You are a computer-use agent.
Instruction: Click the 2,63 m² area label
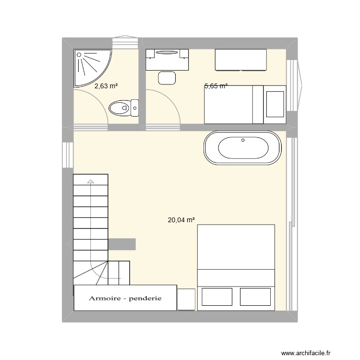(106, 86)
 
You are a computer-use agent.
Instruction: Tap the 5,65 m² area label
(216, 86)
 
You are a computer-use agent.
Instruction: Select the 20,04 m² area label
(181, 220)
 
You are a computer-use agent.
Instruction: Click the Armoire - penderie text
(125, 298)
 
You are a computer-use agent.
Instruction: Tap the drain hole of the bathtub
(243, 140)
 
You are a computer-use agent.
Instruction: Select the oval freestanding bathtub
(243, 148)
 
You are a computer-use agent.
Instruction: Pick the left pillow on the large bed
(218, 296)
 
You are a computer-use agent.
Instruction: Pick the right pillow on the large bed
(256, 296)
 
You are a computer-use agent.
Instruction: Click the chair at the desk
(167, 77)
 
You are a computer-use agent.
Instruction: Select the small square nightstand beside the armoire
(186, 299)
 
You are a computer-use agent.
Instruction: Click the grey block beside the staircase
(122, 244)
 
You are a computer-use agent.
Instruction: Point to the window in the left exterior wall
(66, 155)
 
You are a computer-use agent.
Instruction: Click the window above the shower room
(125, 42)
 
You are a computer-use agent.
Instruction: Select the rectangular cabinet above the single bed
(240, 59)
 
